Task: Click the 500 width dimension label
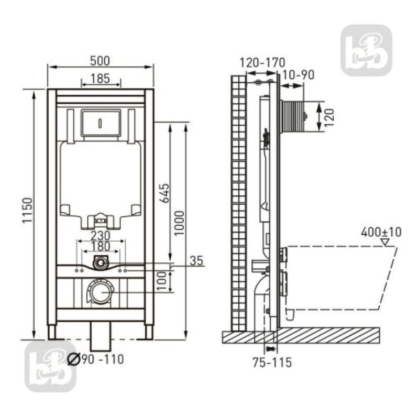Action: tap(100, 61)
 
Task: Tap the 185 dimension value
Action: tap(100, 79)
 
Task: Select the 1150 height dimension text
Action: tap(28, 210)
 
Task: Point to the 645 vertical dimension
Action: tap(164, 193)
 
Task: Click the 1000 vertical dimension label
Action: tap(180, 223)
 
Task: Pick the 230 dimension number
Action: tap(101, 236)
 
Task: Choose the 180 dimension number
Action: tap(101, 246)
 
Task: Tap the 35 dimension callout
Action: tap(196, 260)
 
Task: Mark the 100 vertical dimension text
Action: tap(162, 281)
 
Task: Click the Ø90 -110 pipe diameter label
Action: tap(95, 359)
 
